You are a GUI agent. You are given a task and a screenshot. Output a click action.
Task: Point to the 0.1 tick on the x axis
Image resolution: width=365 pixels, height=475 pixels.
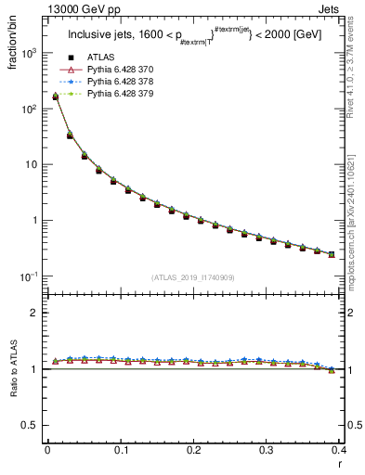[120, 450]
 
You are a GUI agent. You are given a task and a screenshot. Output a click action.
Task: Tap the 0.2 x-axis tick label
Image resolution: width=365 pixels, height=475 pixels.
[193, 450]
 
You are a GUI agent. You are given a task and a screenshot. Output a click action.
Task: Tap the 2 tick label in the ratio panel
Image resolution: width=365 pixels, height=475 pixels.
[36, 313]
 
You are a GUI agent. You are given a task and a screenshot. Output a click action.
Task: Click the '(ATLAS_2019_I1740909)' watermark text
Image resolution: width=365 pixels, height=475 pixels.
[192, 277]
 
